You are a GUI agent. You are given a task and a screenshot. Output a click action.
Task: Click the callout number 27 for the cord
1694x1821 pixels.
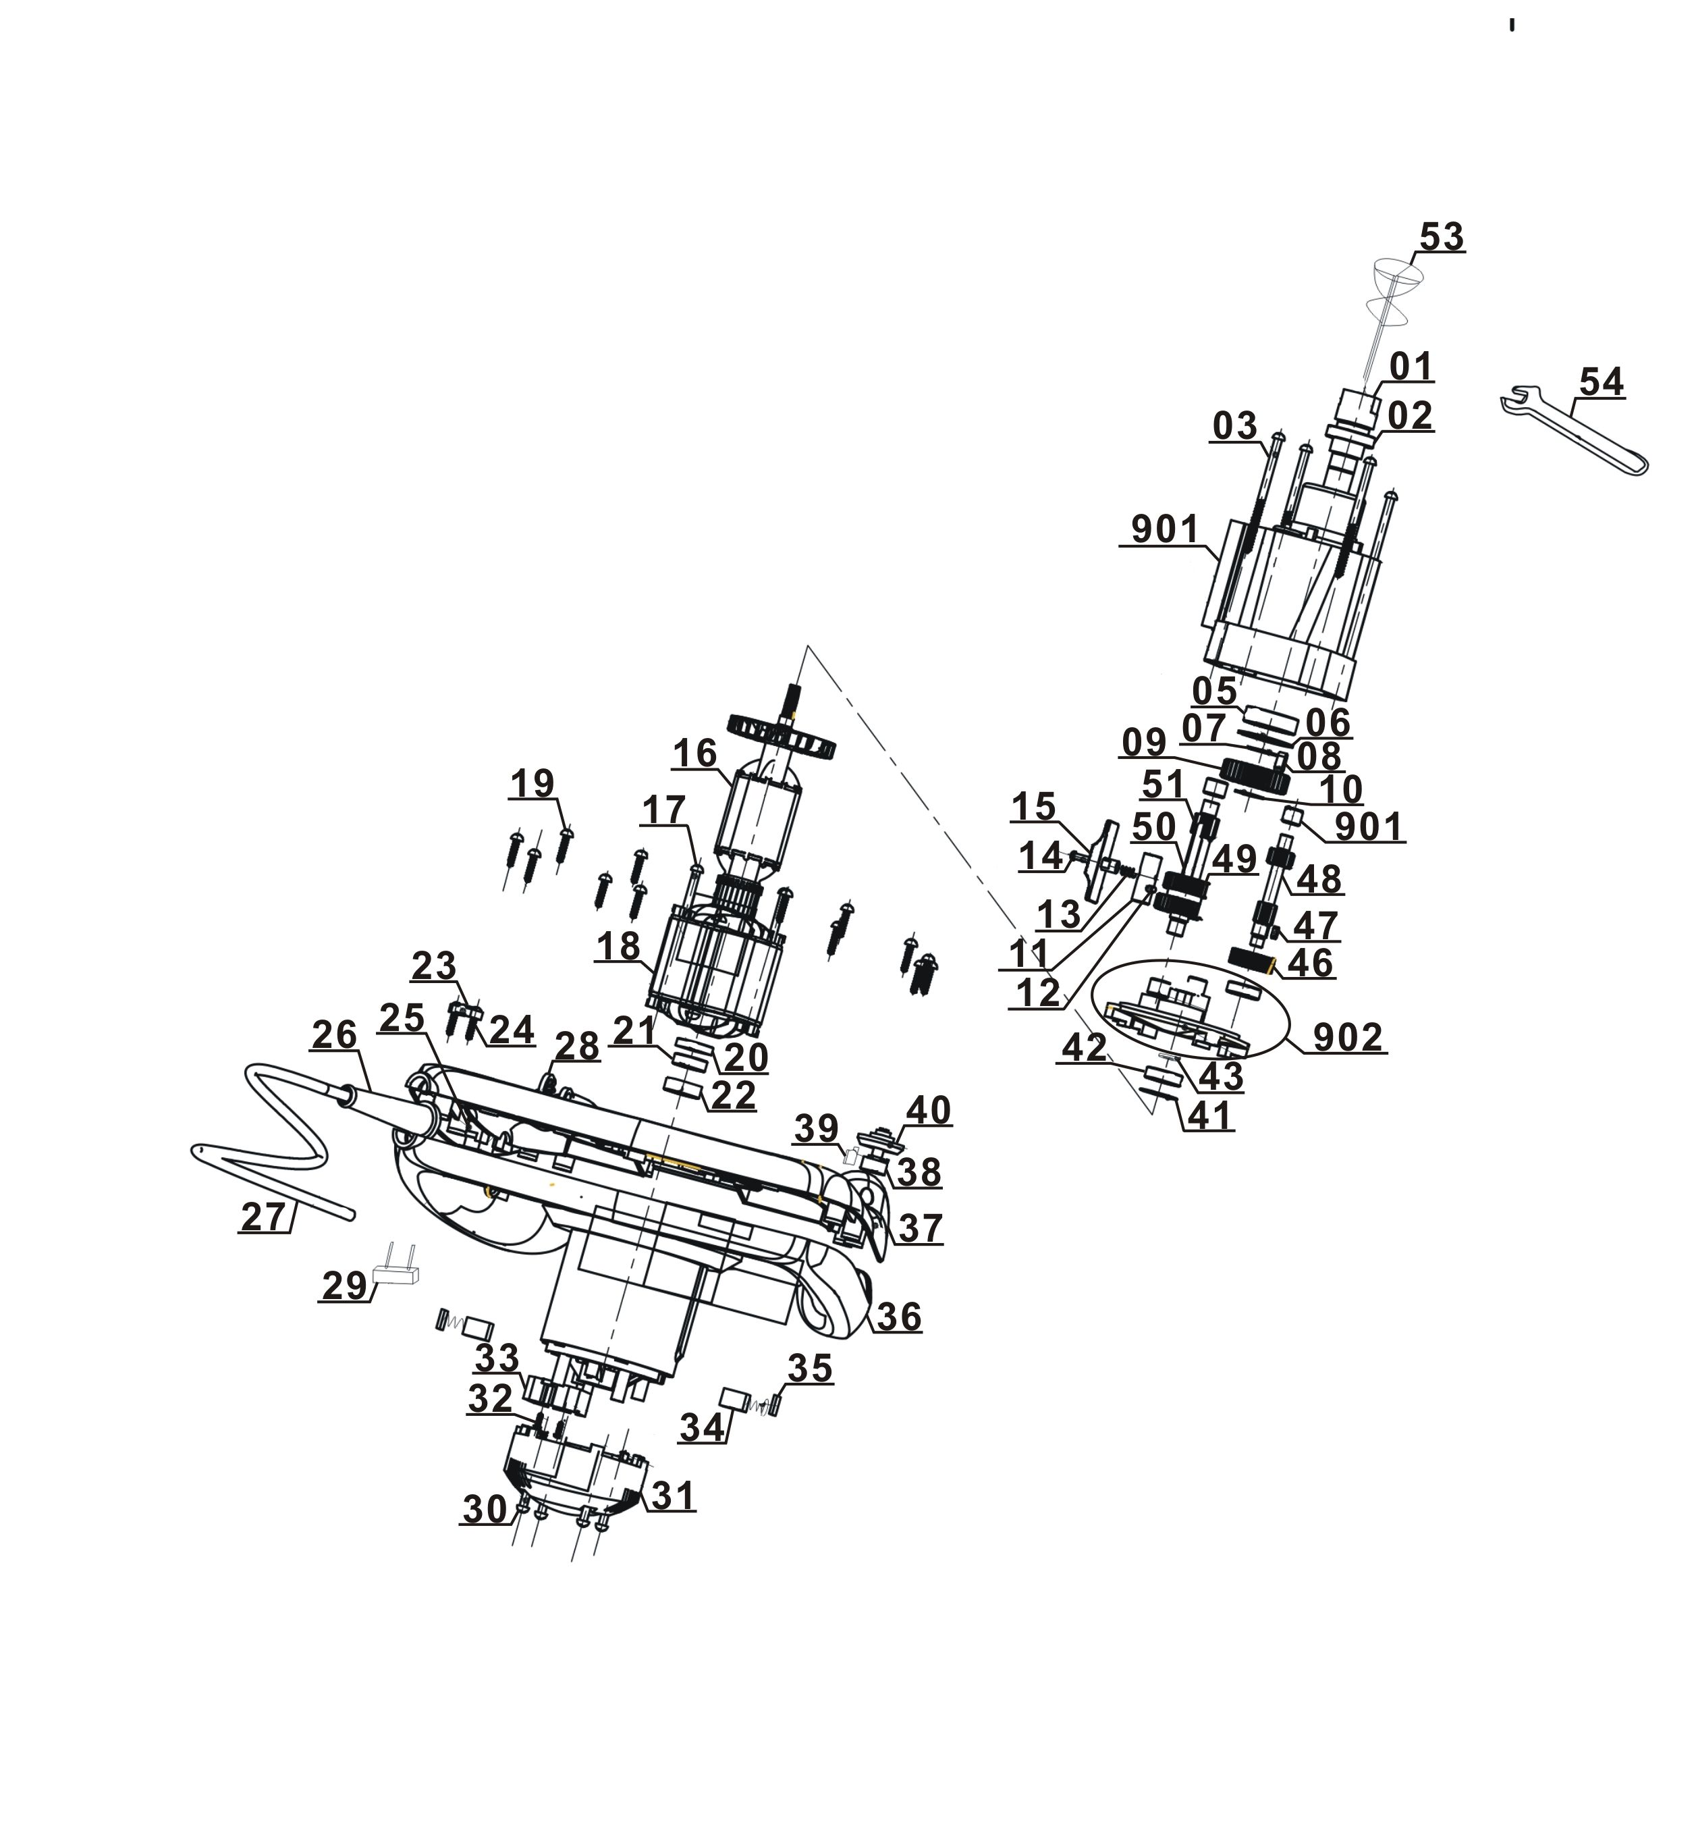[x=263, y=1217]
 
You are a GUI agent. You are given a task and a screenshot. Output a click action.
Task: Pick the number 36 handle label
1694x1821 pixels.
[x=898, y=1316]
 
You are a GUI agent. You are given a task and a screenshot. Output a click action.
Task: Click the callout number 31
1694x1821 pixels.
[x=673, y=1496]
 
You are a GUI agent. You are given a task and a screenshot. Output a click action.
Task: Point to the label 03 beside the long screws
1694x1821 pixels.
[x=1234, y=426]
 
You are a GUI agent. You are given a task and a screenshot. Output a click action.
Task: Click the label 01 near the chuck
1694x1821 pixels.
[x=1410, y=367]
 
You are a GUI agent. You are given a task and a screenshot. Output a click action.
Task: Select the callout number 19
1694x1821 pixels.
[x=532, y=783]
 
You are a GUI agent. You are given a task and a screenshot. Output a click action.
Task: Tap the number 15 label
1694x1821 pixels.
[x=1033, y=807]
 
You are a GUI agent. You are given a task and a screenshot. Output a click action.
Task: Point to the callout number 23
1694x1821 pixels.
[x=433, y=966]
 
